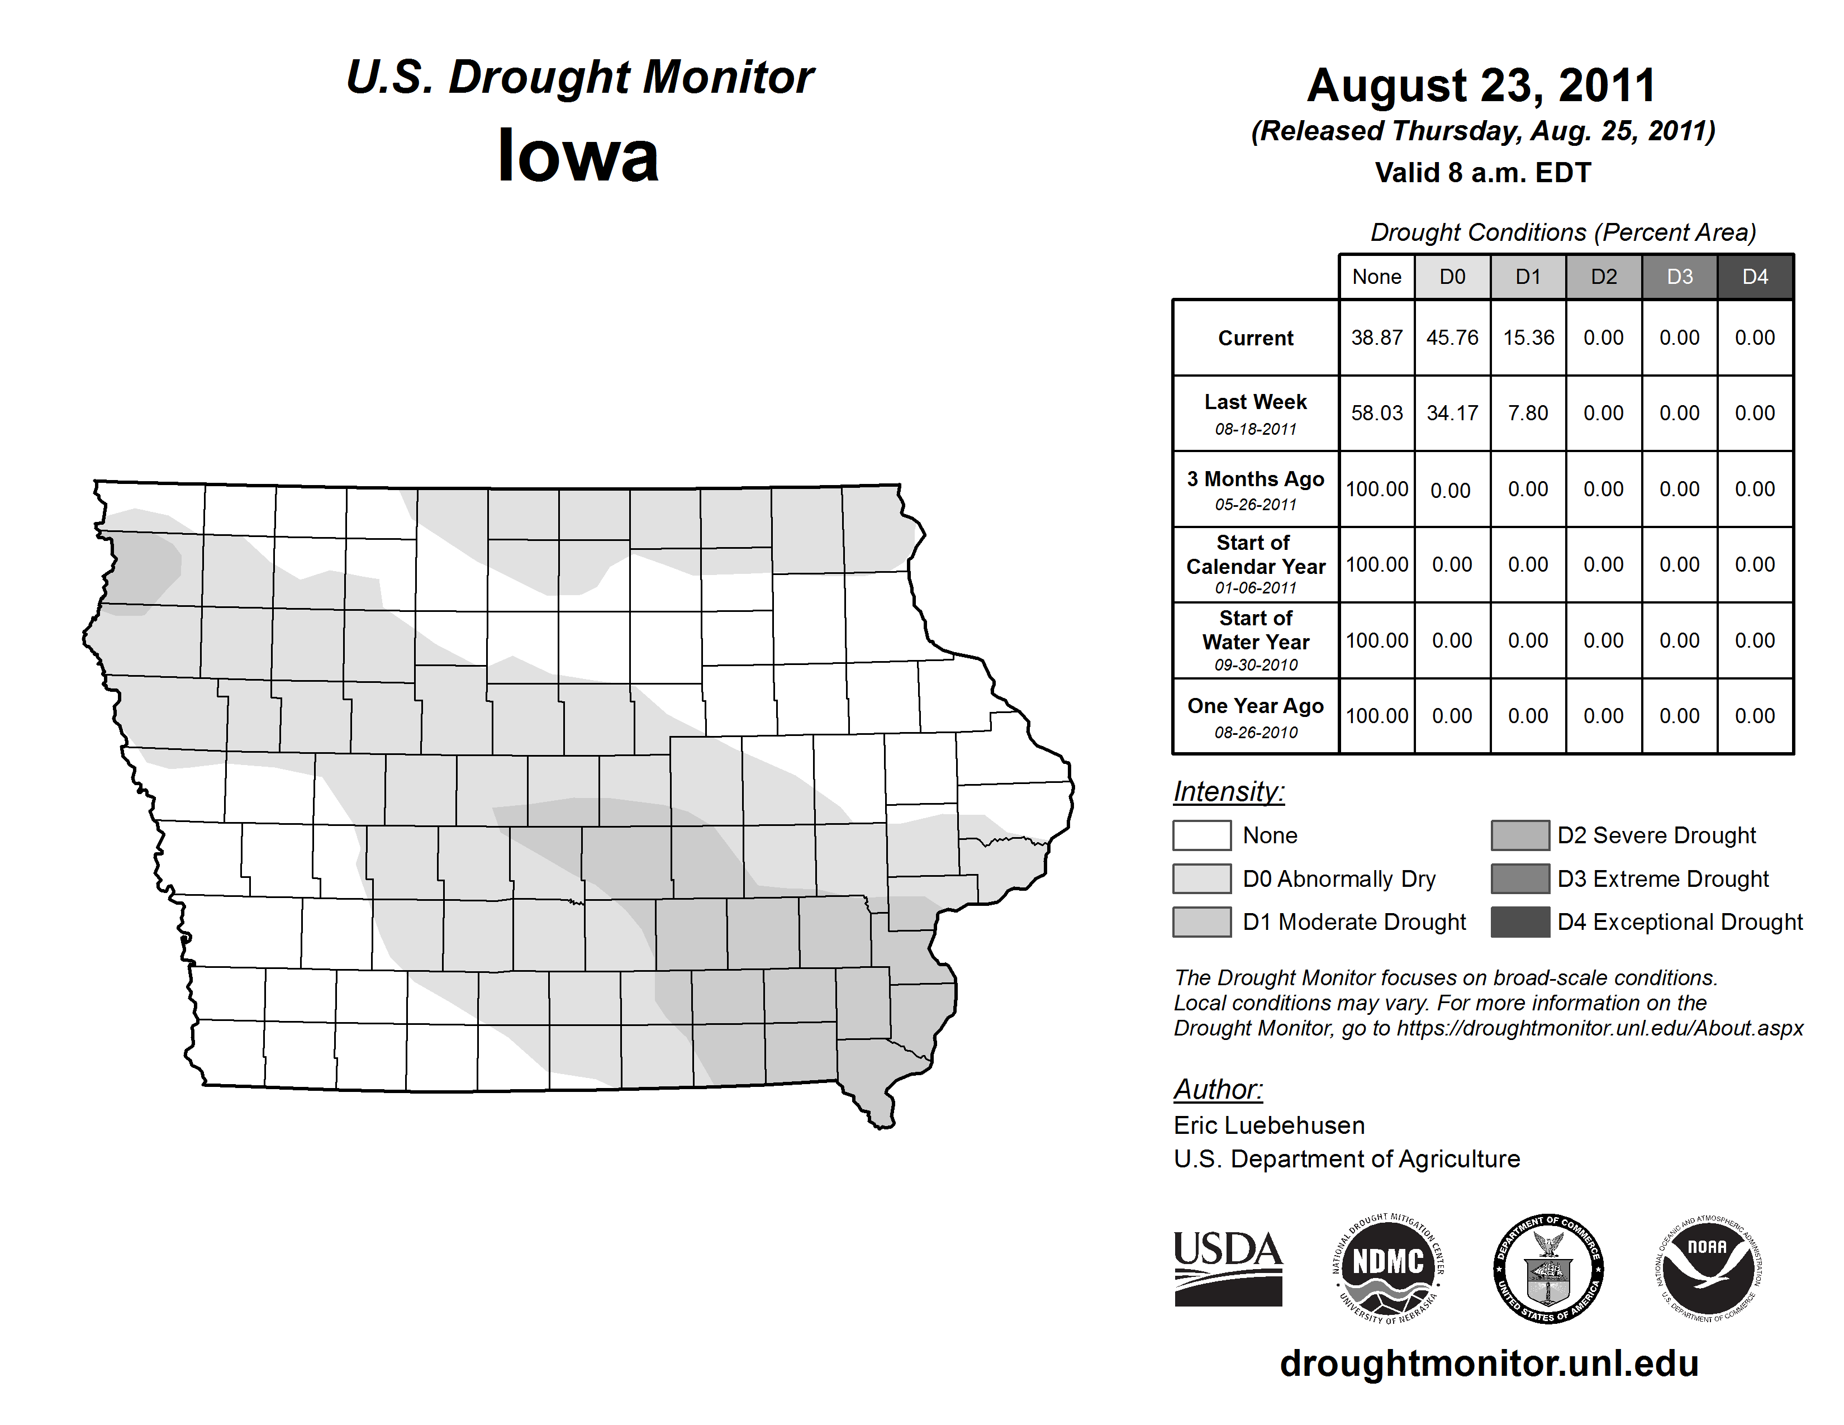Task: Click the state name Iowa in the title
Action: [578, 156]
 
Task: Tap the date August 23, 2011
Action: [1482, 85]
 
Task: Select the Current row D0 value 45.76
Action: [1452, 338]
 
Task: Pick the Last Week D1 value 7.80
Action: [1528, 413]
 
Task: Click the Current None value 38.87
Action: [1376, 338]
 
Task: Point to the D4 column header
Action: [1755, 277]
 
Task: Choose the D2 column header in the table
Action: [1603, 277]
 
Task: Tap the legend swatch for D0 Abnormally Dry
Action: [1201, 878]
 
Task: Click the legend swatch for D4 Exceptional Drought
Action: [1520, 922]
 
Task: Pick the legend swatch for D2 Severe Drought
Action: [1520, 835]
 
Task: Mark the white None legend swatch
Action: [1201, 835]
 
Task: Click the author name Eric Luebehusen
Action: [1269, 1125]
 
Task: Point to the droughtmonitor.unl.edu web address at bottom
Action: [1489, 1364]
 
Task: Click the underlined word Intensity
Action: [1228, 792]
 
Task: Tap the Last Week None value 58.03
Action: [1376, 413]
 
